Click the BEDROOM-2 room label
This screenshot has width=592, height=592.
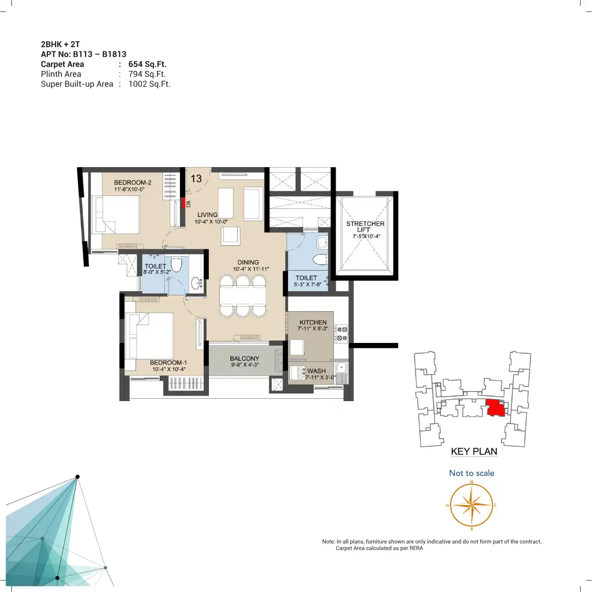[132, 183]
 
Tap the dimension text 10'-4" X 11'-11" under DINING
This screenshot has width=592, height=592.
[251, 269]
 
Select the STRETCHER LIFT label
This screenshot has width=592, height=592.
[365, 227]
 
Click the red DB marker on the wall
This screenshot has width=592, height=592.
[184, 203]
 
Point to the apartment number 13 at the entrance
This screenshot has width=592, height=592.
[196, 179]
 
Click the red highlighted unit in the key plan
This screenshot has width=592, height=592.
[495, 407]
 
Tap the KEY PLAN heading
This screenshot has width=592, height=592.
[474, 451]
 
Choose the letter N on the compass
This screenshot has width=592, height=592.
[472, 481]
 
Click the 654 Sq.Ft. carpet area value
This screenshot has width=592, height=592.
[147, 64]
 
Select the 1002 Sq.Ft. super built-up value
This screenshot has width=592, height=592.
[149, 84]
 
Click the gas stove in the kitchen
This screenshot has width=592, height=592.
[341, 334]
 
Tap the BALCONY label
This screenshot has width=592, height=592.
[244, 358]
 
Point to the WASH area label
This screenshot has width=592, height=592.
[316, 371]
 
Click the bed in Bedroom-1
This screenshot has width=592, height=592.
[149, 336]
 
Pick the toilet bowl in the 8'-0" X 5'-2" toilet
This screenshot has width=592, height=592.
[176, 265]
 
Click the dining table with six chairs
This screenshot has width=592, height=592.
[243, 295]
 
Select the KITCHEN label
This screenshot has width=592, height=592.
[313, 322]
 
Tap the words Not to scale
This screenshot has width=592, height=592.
[472, 473]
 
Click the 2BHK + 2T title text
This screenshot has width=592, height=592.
[60, 44]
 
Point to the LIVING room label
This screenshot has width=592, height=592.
[207, 215]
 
